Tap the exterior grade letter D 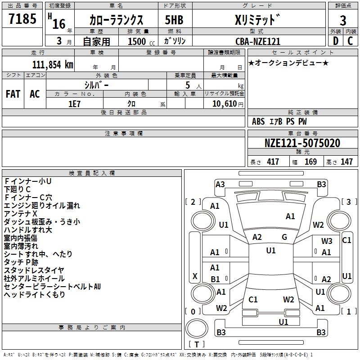[x=335, y=41]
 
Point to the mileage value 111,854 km [x=53, y=64]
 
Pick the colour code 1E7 [x=74, y=103]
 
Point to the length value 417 [x=272, y=162]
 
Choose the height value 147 [x=346, y=162]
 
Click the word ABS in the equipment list [x=258, y=121]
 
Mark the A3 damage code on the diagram [x=220, y=184]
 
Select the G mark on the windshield [x=284, y=237]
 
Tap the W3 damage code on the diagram [x=327, y=241]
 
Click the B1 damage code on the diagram [x=215, y=279]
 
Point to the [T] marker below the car [x=197, y=345]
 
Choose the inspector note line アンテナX [x=21, y=213]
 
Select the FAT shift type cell [x=13, y=94]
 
